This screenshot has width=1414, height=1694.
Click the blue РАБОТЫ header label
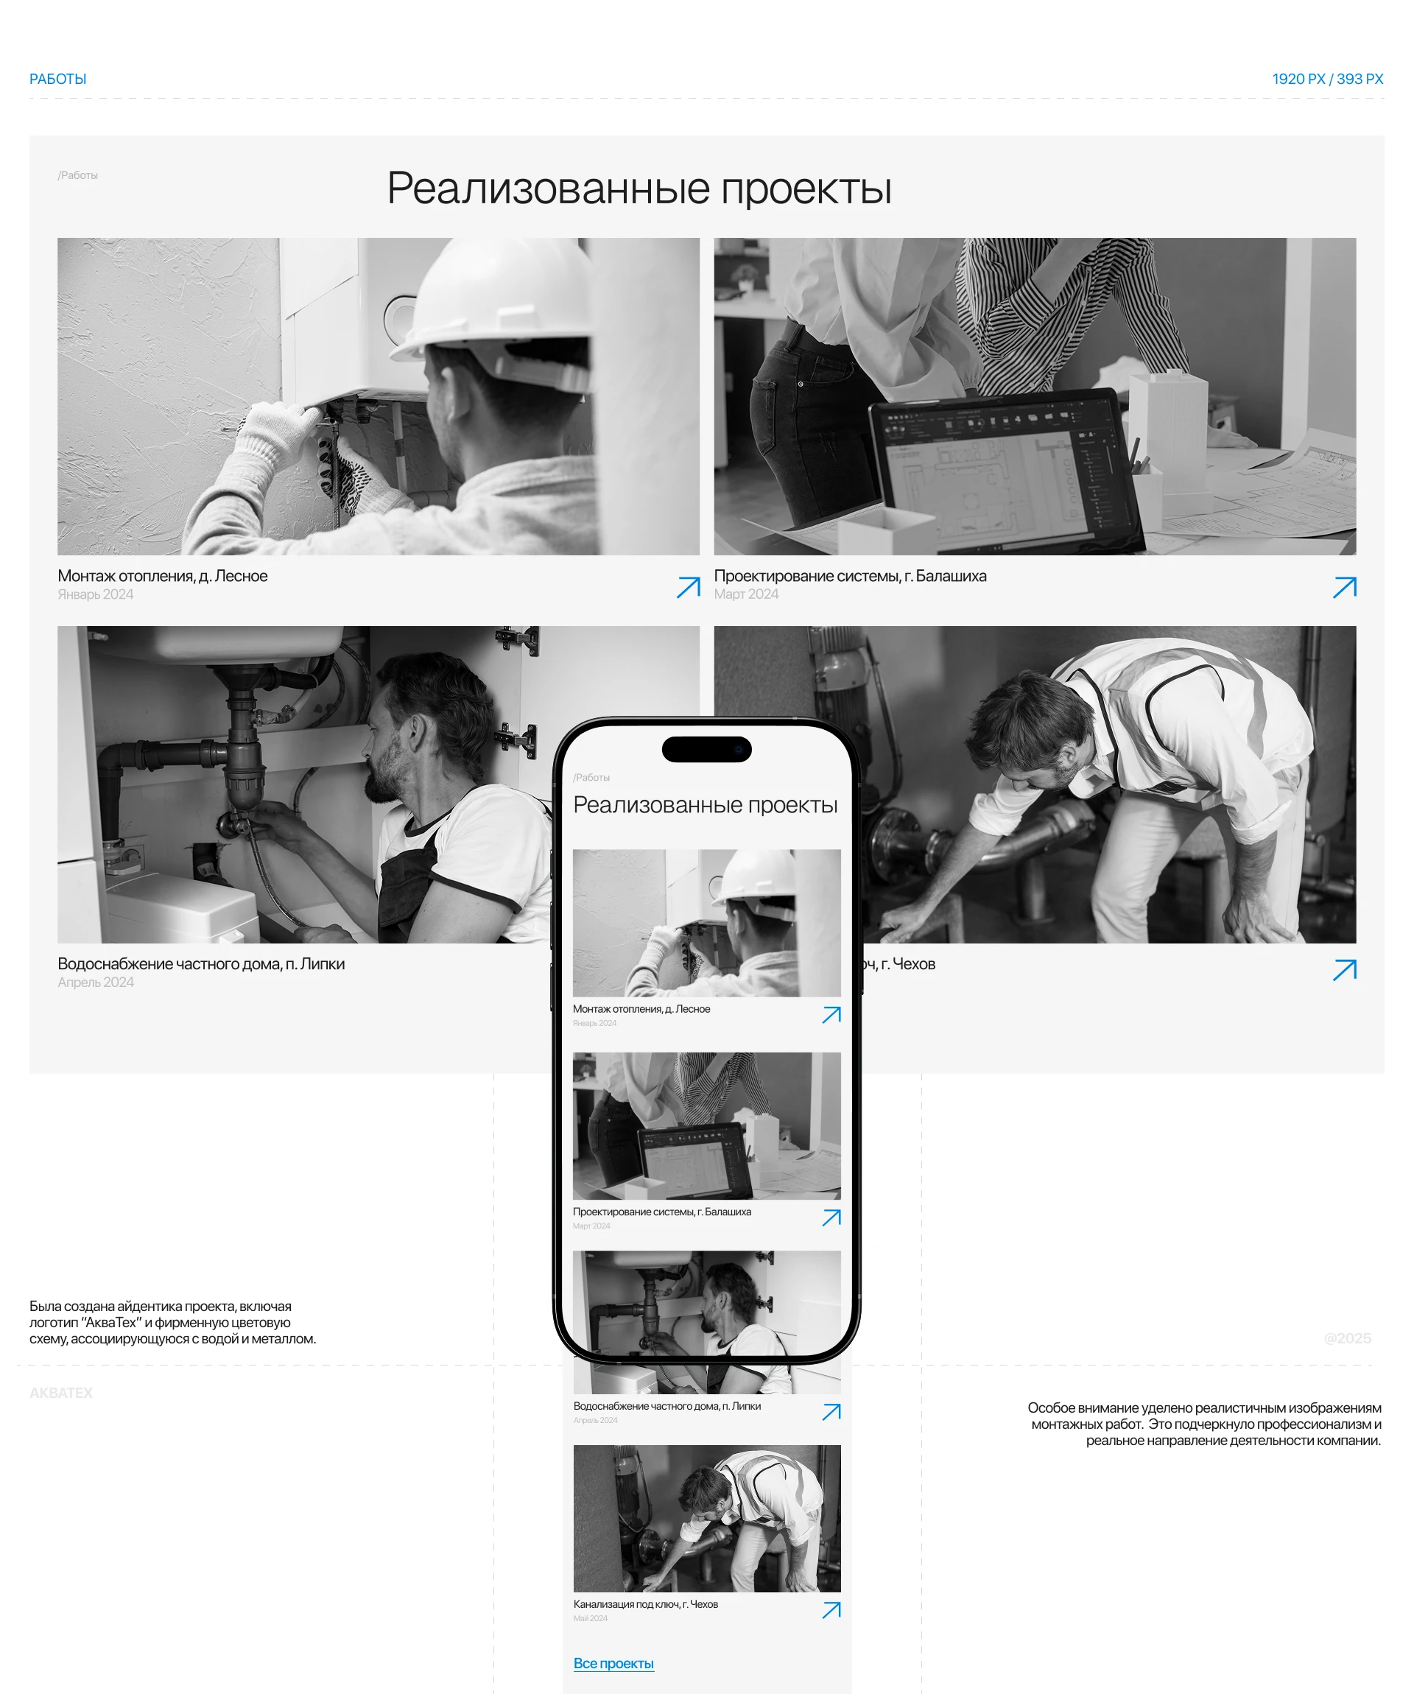click(57, 79)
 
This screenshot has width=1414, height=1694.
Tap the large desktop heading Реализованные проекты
click(639, 188)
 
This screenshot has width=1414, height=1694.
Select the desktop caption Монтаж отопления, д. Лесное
click(162, 576)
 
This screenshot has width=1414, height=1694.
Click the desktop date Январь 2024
click(95, 594)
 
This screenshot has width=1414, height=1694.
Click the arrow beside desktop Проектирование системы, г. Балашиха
click(1344, 587)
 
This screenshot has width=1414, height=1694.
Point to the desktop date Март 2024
click(746, 594)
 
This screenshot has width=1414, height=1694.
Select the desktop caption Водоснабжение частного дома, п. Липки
click(201, 964)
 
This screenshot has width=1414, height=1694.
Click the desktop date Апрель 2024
click(95, 983)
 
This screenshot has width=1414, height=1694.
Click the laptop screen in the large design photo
click(1000, 468)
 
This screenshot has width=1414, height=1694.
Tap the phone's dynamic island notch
click(706, 749)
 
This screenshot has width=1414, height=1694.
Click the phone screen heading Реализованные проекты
click(705, 805)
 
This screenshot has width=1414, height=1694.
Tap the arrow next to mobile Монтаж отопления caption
click(831, 1015)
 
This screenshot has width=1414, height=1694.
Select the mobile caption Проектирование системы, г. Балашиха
click(661, 1212)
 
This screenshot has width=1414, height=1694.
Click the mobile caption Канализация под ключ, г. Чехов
click(645, 1603)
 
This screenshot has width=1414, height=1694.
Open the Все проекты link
click(613, 1663)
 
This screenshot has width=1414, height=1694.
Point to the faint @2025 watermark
click(1347, 1338)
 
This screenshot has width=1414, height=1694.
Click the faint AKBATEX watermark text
click(60, 1393)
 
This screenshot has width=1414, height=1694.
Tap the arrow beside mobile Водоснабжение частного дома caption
click(831, 1412)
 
